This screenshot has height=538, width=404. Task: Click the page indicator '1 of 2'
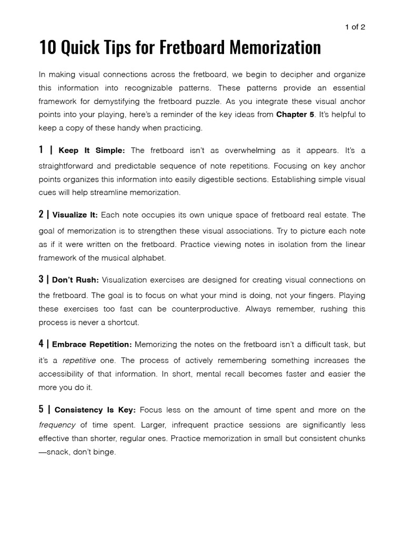[355, 27]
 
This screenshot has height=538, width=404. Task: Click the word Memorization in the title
[274, 48]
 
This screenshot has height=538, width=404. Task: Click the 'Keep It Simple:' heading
[92, 151]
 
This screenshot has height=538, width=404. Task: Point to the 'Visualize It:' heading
[75, 215]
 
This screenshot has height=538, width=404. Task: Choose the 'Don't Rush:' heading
[75, 280]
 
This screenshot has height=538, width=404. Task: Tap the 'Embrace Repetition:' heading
[92, 345]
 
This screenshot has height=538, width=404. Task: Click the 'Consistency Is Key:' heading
[95, 410]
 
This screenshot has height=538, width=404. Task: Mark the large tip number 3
[41, 280]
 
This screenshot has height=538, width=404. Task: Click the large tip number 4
[41, 344]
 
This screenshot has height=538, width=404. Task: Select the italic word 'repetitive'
[79, 360]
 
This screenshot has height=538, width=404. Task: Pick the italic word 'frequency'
[57, 425]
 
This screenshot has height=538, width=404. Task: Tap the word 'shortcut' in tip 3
[123, 323]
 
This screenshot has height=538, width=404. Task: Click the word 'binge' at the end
[103, 452]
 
